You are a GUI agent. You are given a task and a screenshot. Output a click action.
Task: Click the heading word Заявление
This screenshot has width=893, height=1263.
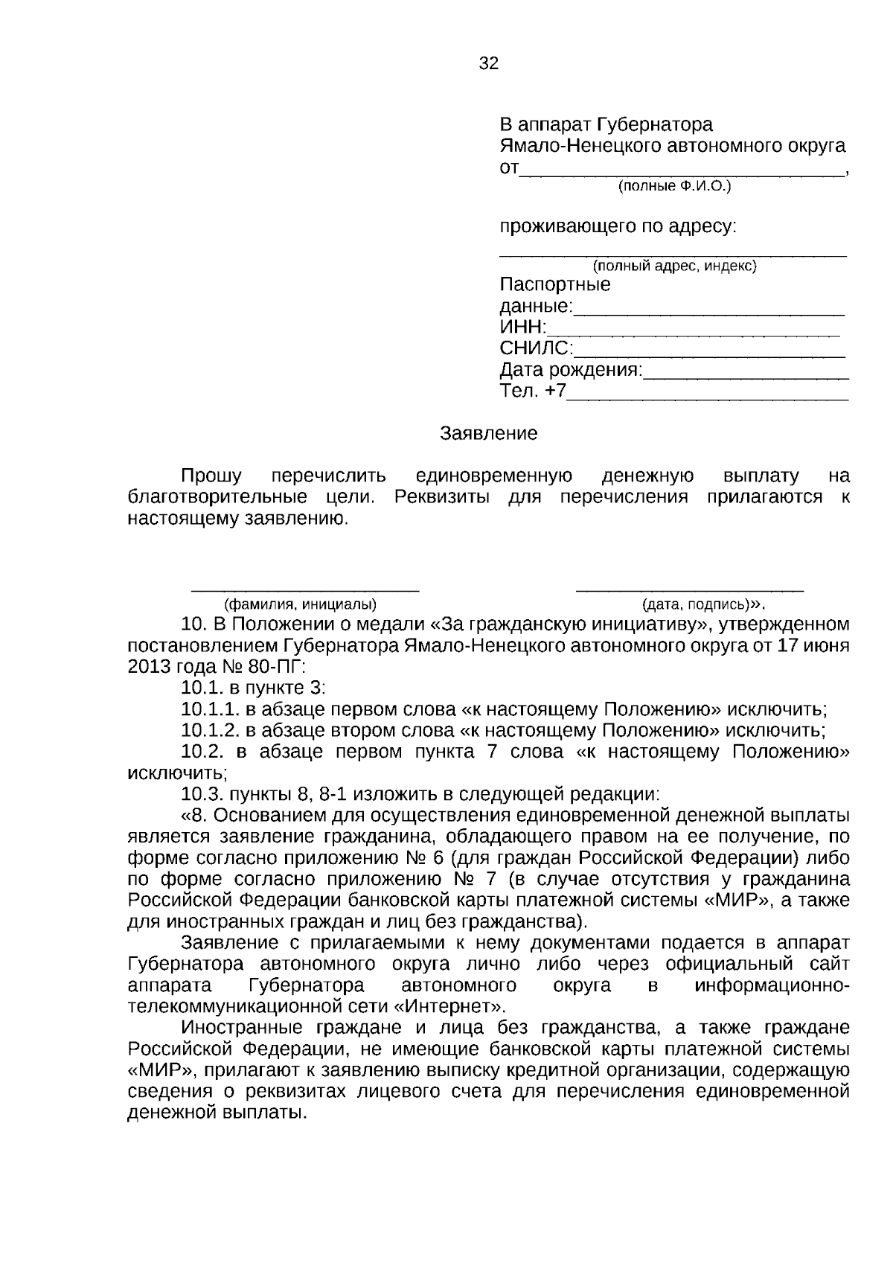coord(488,434)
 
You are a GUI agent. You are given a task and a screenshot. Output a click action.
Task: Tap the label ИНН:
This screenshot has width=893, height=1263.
coord(523,327)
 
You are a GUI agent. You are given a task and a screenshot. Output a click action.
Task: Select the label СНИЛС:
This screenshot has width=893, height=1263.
coord(536,348)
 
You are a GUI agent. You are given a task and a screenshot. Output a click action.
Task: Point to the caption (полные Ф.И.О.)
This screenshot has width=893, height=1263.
coord(674,186)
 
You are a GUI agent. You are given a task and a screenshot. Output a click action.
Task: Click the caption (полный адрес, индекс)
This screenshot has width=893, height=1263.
coord(674,266)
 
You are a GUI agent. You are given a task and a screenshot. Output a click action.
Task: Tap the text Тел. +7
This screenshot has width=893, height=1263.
coord(533,391)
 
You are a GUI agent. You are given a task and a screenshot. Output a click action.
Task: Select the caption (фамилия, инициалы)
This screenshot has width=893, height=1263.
coord(295,604)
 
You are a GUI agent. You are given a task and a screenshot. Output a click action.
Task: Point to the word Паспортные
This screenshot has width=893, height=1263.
coord(555,285)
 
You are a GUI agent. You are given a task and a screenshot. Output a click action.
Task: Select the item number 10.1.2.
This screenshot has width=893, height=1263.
coord(211,730)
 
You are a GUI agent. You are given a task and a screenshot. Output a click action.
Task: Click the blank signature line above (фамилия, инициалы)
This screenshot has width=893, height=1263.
coord(305,590)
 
